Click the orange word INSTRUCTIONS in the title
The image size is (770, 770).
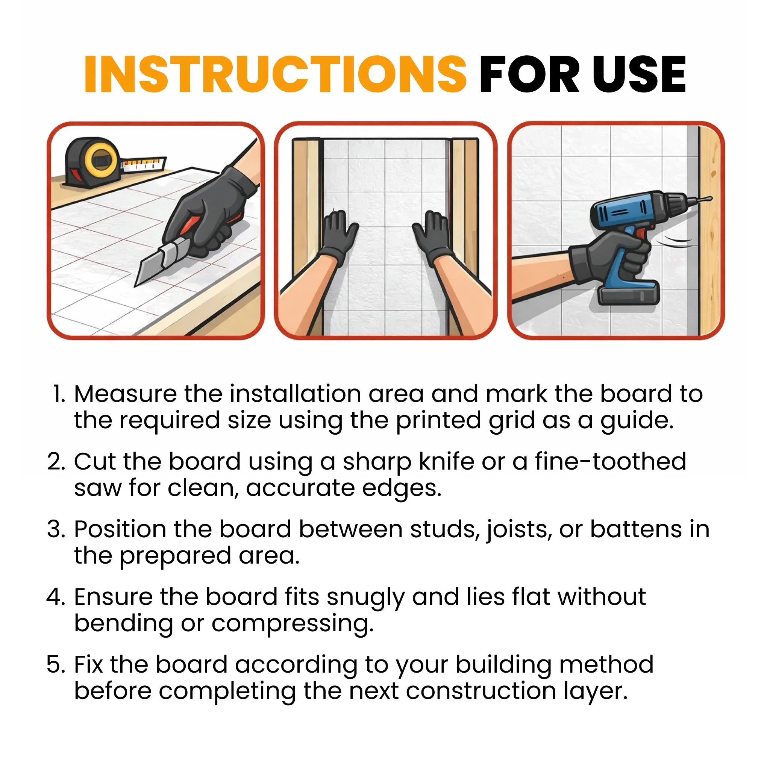click(x=275, y=75)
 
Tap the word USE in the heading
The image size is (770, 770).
click(x=639, y=75)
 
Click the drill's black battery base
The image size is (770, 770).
click(x=629, y=295)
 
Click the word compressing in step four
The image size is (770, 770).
click(x=293, y=624)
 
